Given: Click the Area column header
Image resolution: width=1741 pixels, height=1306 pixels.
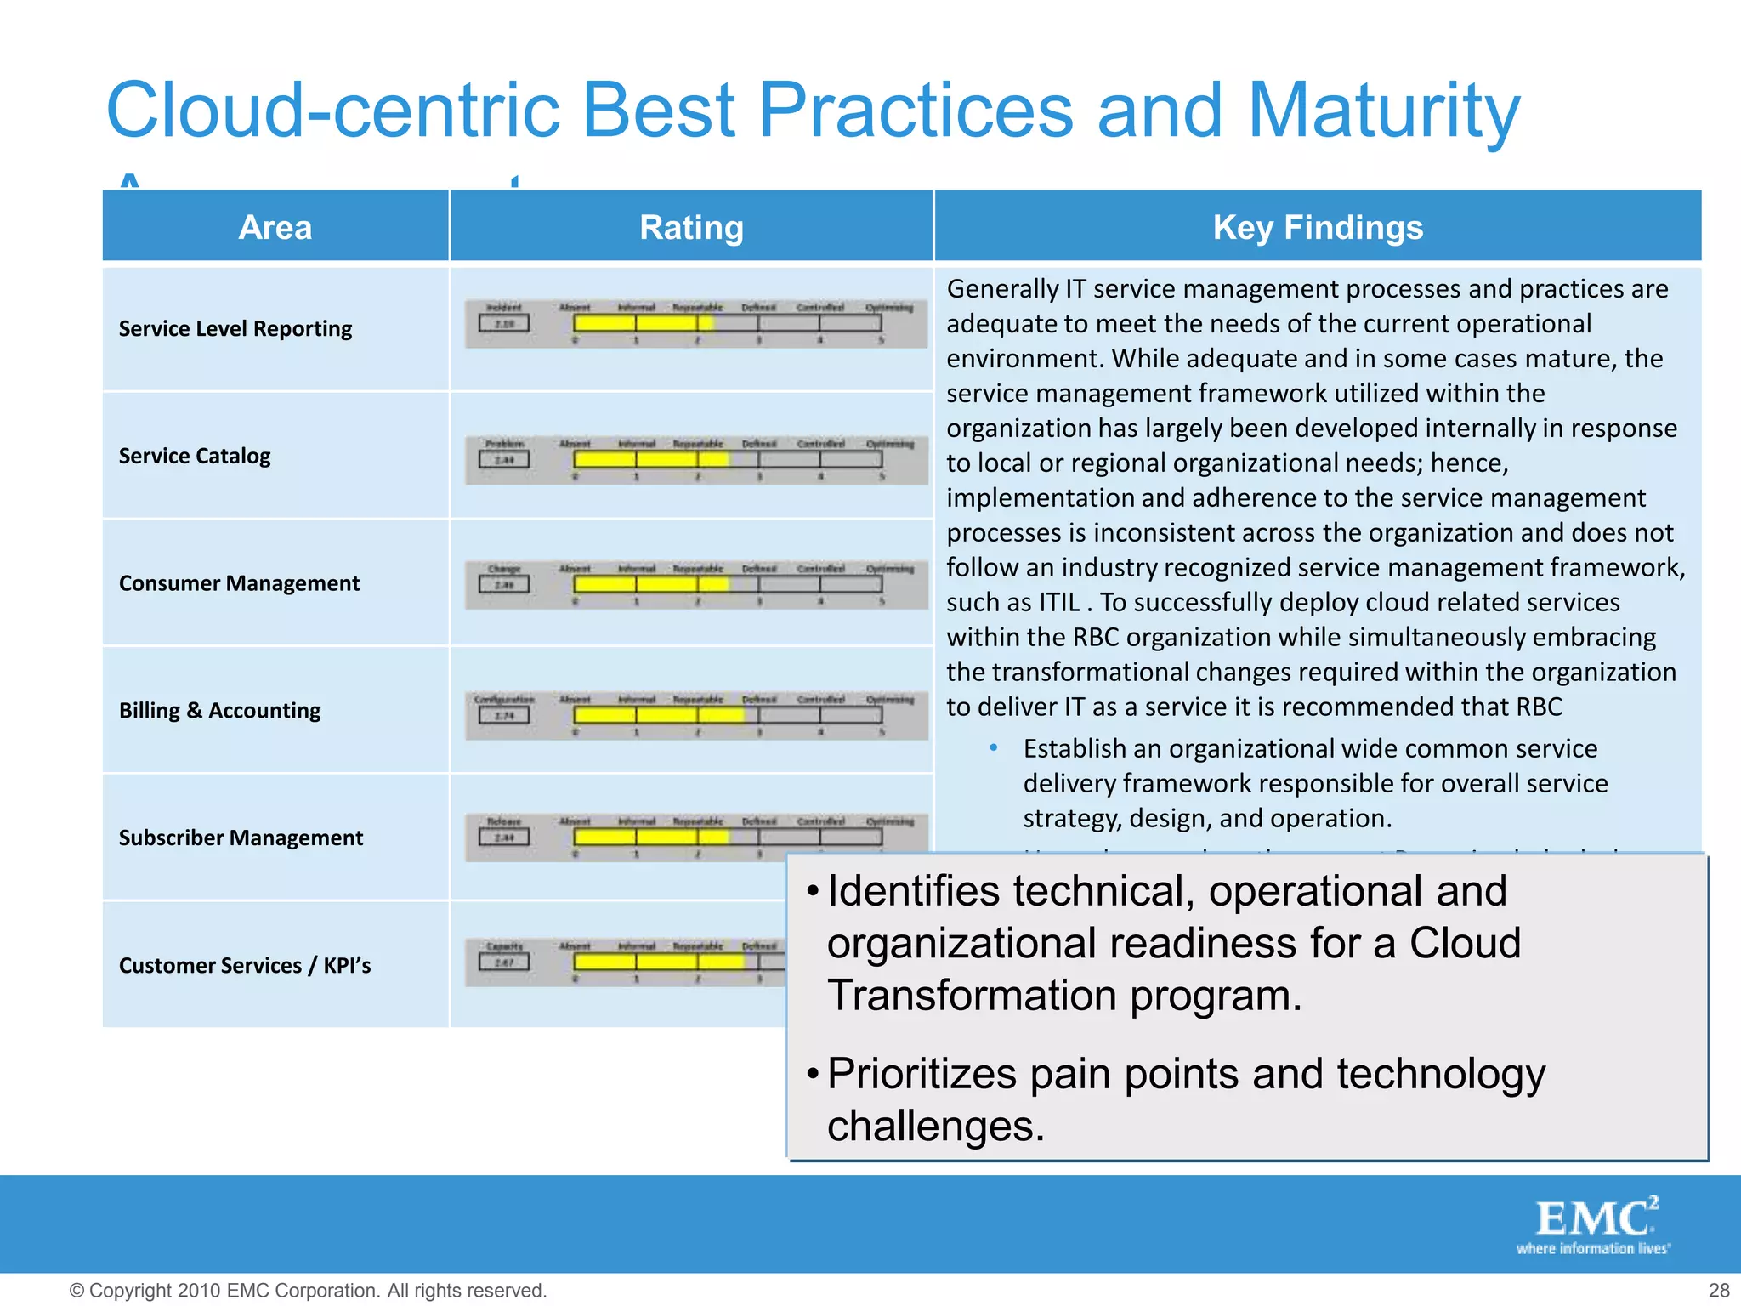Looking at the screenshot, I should coord(275,227).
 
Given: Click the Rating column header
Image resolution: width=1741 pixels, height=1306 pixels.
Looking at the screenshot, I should coord(691,227).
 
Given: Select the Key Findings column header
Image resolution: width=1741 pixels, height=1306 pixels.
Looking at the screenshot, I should coord(1317,227).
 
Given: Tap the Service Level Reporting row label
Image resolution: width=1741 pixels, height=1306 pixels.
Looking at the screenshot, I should coord(235,328).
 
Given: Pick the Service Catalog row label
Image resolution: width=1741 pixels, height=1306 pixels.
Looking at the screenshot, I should coord(195,456).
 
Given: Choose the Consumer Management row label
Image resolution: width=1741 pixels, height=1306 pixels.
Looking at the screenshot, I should coord(239,583).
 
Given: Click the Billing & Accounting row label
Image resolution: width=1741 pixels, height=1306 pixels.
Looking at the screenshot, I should coord(219,710).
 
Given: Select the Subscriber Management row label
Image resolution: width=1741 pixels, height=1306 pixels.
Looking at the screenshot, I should coord(241,838).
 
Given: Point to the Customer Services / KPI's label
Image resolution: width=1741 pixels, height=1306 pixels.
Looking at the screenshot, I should coord(245,965).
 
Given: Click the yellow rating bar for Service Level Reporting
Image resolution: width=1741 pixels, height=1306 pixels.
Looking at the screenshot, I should coord(643,323).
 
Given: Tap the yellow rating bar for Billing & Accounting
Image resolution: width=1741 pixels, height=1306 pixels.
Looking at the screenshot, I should coord(659,714).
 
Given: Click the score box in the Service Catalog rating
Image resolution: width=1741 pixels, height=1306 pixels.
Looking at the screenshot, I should coord(504,460).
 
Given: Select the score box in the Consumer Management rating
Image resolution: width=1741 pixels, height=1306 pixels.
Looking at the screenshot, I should coord(504,585).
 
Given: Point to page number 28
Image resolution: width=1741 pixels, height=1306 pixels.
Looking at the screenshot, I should coord(1719,1290).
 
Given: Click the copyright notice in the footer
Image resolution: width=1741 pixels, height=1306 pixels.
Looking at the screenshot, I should coord(308,1290).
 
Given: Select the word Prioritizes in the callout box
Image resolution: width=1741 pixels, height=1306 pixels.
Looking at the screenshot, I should coord(922,1073).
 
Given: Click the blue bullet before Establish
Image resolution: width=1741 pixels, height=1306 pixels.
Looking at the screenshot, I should coord(993,748).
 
